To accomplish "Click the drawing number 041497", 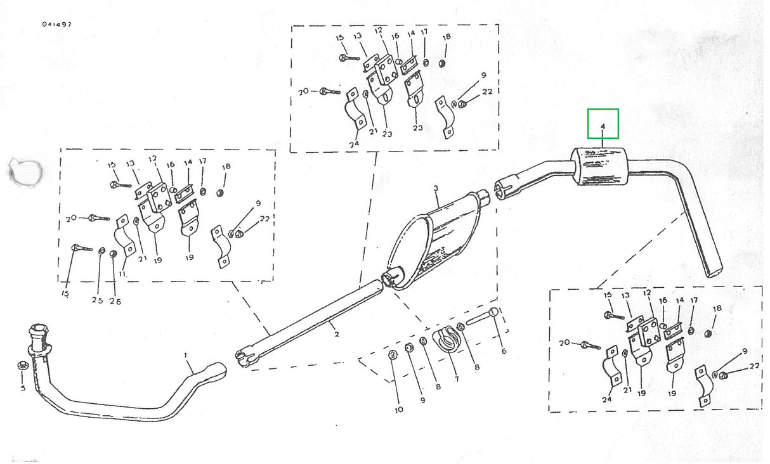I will tap(57, 24).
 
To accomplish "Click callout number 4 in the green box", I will tap(603, 126).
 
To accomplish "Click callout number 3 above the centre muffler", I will tap(436, 188).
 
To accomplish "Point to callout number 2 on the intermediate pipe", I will tap(337, 334).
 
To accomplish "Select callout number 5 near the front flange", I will tap(23, 387).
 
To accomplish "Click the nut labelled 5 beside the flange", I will tap(21, 366).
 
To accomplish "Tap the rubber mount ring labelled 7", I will tap(448, 340).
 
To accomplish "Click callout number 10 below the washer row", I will tap(398, 409).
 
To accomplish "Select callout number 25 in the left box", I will tap(97, 300).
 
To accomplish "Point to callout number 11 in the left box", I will tap(121, 273).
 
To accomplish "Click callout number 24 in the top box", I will tap(354, 144).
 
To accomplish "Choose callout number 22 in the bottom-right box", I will tap(754, 366).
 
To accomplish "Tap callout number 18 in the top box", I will tap(447, 37).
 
